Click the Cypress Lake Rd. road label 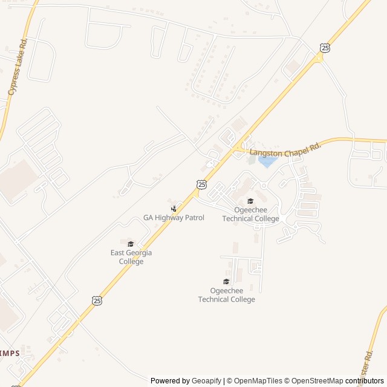tap(18, 67)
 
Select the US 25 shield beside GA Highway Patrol tap(201, 184)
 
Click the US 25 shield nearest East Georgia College tap(97, 300)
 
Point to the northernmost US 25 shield tap(325, 47)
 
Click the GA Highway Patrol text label tap(174, 218)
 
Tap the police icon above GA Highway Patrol tap(174, 209)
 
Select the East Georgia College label tap(131, 257)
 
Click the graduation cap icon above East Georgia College tap(131, 244)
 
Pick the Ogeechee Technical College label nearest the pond tap(250, 214)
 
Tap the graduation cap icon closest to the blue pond tap(250, 201)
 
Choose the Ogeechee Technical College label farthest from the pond tap(226, 295)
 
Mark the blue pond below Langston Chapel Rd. tap(267, 161)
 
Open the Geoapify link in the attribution tap(207, 381)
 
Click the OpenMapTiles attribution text tap(255, 381)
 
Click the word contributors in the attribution tap(365, 381)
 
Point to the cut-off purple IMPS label tap(10, 353)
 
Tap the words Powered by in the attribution tap(170, 381)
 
